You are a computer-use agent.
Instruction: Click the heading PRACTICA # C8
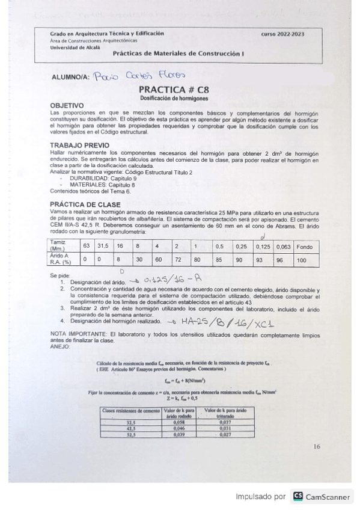coord(173,89)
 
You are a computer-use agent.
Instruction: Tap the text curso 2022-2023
coord(282,34)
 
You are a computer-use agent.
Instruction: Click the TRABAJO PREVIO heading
coord(79,145)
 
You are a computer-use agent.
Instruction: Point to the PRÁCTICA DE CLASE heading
coord(85,204)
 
